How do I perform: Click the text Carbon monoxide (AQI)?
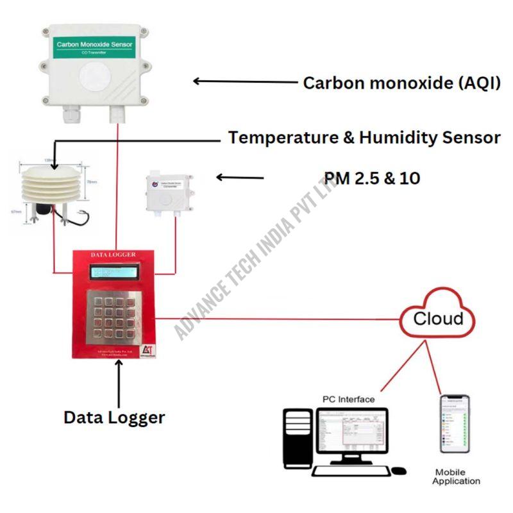click(x=401, y=83)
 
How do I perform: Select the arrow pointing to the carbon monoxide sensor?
click(x=244, y=81)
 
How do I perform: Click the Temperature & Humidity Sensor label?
click(x=364, y=138)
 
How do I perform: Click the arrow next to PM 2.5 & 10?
click(x=240, y=177)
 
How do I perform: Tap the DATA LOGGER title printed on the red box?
click(x=113, y=255)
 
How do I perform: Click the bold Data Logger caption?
click(x=114, y=417)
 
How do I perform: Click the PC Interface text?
click(x=348, y=399)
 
